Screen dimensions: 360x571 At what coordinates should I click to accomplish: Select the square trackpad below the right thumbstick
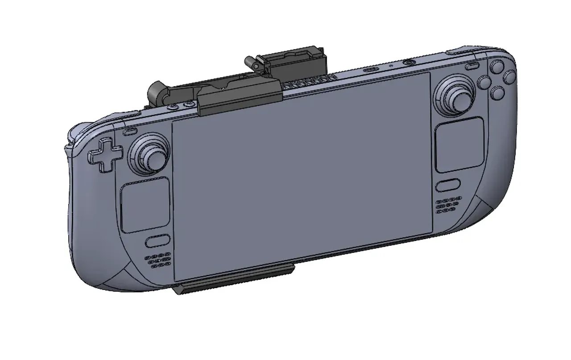pyautogui.click(x=459, y=145)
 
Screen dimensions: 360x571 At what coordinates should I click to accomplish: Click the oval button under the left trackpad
pyautogui.click(x=157, y=241)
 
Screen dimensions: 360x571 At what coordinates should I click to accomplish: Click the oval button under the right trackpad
pyautogui.click(x=448, y=186)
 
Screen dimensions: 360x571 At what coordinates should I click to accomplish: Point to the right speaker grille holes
pyautogui.click(x=448, y=204)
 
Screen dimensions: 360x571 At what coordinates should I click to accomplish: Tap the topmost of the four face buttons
pyautogui.click(x=497, y=67)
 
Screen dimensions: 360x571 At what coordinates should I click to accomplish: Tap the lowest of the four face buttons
pyautogui.click(x=497, y=93)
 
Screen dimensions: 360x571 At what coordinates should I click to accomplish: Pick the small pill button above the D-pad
pyautogui.click(x=130, y=132)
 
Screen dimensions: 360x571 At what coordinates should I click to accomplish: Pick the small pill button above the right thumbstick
pyautogui.click(x=472, y=67)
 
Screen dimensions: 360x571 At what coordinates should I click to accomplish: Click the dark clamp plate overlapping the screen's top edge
pyautogui.click(x=239, y=99)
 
